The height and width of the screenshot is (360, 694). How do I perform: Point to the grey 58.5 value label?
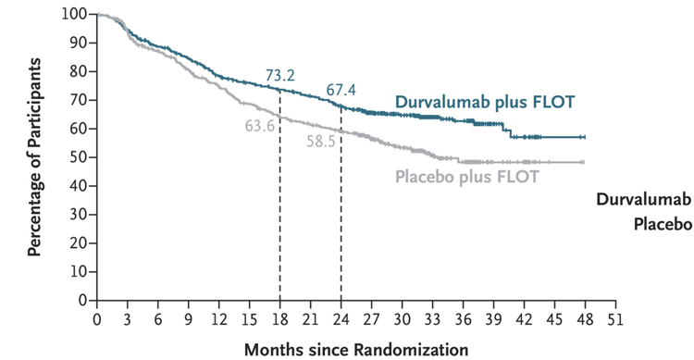click(x=321, y=142)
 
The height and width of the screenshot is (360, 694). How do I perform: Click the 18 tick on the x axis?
click(x=279, y=319)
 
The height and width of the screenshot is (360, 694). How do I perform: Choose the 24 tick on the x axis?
click(x=341, y=319)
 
